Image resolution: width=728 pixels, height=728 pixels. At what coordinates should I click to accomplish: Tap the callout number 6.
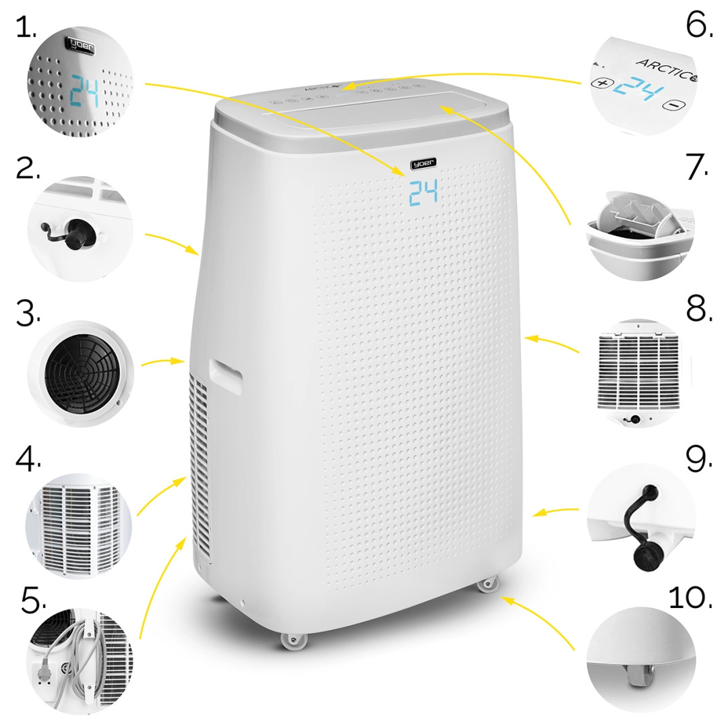point(698,26)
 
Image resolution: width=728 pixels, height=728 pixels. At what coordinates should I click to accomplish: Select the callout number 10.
point(690,598)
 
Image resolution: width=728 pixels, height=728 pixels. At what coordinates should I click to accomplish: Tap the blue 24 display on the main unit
point(423,193)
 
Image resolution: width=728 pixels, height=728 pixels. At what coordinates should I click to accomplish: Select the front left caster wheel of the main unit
point(293,640)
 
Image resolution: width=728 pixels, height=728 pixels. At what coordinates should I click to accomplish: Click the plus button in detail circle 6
point(601,86)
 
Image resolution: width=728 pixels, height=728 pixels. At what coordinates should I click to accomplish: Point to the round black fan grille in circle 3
point(80,373)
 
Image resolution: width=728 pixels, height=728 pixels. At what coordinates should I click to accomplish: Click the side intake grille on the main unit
point(200,465)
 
